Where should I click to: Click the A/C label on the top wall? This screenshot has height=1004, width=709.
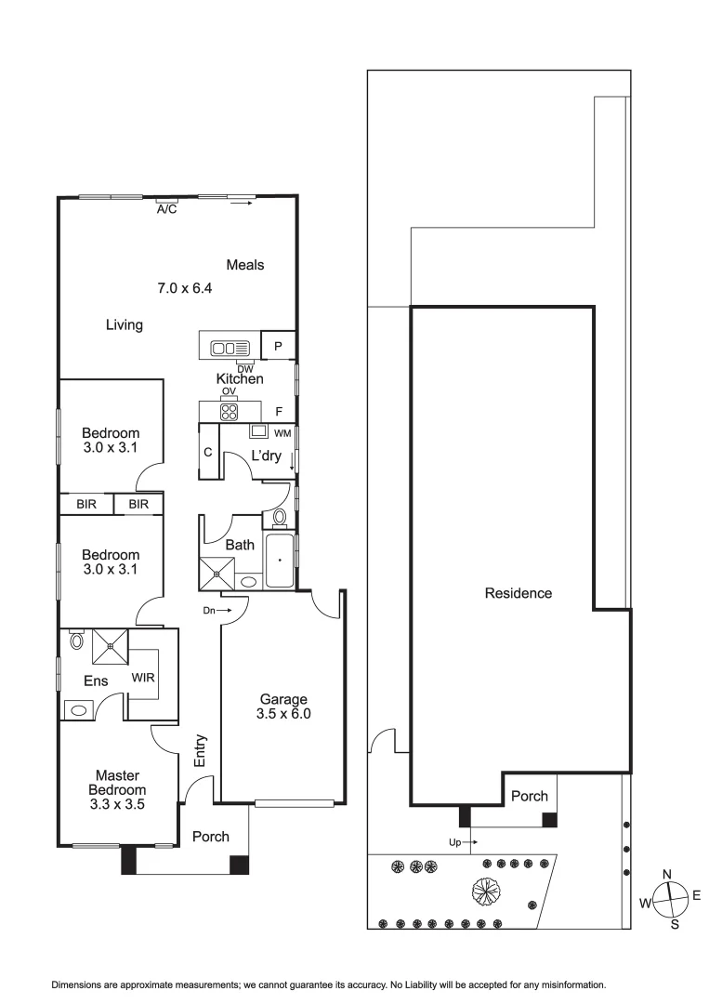click(x=166, y=210)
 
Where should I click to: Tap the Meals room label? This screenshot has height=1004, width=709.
click(x=244, y=265)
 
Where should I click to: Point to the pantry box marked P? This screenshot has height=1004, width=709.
click(x=278, y=347)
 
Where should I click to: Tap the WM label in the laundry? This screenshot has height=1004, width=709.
click(x=282, y=434)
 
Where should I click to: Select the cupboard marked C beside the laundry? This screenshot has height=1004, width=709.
click(x=209, y=452)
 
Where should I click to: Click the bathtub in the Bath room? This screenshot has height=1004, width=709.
click(x=279, y=561)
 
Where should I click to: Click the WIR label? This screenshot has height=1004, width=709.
click(x=144, y=677)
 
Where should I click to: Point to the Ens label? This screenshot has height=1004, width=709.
click(x=96, y=681)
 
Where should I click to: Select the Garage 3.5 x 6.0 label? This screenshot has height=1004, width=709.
click(x=283, y=707)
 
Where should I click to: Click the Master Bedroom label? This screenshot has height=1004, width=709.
click(x=116, y=789)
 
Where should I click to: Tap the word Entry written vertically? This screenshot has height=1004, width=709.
click(x=200, y=751)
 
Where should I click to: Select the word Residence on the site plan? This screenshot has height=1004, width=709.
click(x=519, y=593)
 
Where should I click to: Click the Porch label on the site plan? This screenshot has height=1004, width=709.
click(x=530, y=797)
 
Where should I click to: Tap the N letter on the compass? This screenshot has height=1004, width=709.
click(x=666, y=875)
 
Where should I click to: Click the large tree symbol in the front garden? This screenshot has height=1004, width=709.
click(x=487, y=891)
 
